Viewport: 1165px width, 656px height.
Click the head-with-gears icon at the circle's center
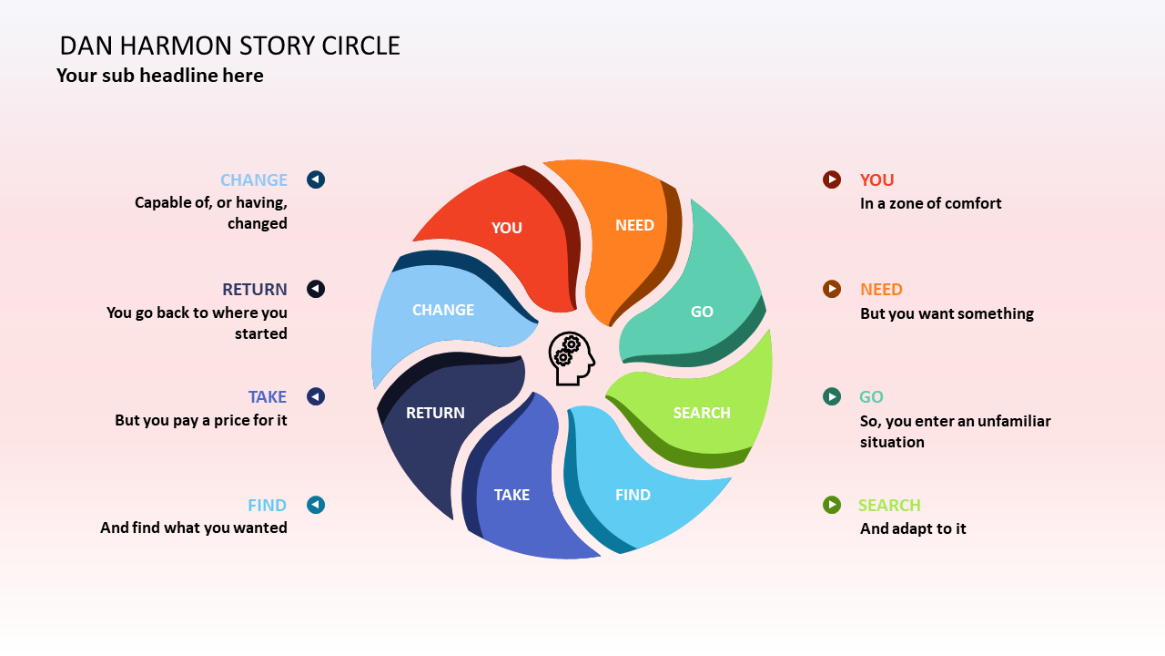pyautogui.click(x=572, y=358)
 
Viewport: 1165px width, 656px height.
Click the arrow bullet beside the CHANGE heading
pyautogui.click(x=316, y=179)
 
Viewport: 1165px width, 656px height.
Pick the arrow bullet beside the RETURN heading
pyautogui.click(x=316, y=289)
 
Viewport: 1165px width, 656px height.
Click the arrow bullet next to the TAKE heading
pyautogui.click(x=316, y=396)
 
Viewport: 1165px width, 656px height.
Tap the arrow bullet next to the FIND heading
pyautogui.click(x=316, y=505)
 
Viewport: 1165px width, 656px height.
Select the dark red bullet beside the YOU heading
pyautogui.click(x=832, y=179)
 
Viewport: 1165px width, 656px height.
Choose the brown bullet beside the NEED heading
pyautogui.click(x=832, y=289)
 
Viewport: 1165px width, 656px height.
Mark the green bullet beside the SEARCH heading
pyautogui.click(x=832, y=505)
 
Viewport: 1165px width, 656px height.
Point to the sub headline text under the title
pyautogui.click(x=160, y=76)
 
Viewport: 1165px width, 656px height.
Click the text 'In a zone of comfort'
pyautogui.click(x=930, y=203)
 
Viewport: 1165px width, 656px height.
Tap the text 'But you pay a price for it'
pyautogui.click(x=201, y=420)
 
